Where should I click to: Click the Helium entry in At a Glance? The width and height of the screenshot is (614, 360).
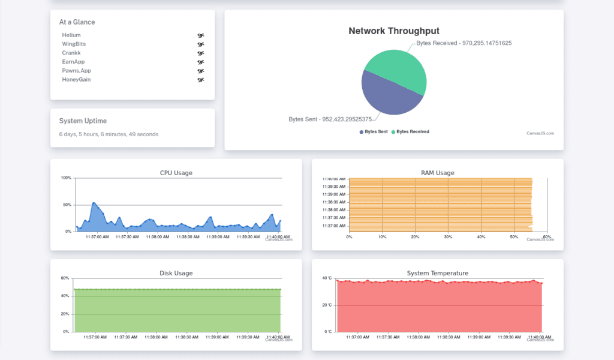tap(71, 35)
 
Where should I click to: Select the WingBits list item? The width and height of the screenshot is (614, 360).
tap(74, 44)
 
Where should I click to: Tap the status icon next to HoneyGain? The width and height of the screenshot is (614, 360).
tap(201, 80)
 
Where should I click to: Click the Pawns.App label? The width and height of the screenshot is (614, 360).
tap(76, 71)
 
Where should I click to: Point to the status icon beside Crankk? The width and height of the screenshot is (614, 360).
tap(201, 53)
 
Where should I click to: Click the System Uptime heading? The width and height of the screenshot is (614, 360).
tap(83, 121)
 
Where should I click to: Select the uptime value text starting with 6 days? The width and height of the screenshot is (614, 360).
tap(109, 134)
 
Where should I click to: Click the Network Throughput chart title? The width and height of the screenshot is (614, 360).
tap(394, 31)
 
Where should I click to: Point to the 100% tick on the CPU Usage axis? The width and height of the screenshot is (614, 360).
tap(66, 178)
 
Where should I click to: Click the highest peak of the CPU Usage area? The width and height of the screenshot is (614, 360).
tap(94, 203)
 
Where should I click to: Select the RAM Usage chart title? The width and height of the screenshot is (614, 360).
tap(437, 173)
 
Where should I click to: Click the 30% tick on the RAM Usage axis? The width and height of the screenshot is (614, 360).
tap(448, 237)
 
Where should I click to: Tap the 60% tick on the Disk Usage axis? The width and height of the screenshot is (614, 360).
tap(65, 278)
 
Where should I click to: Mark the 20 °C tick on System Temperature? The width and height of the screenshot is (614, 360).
tap(327, 305)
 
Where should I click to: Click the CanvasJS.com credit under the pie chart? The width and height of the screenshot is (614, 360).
tap(540, 133)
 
